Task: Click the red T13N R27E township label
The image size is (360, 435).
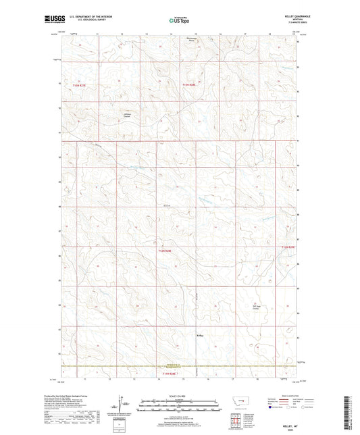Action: [80, 86]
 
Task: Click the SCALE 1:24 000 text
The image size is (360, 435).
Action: [180, 396]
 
